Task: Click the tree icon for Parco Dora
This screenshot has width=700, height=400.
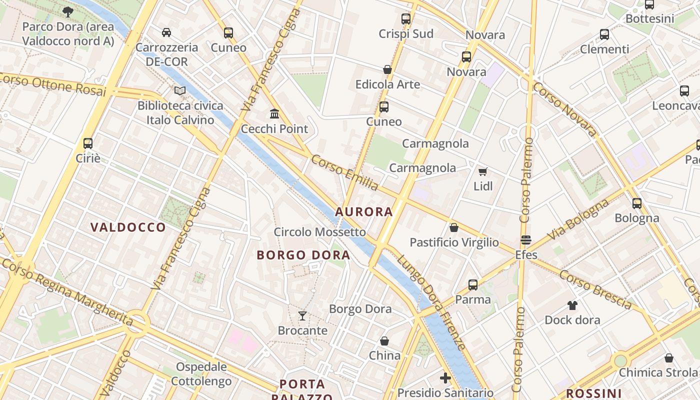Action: [x=68, y=11]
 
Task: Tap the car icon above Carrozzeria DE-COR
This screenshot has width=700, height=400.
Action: [x=166, y=32]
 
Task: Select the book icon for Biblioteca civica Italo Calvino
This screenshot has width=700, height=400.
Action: [x=180, y=91]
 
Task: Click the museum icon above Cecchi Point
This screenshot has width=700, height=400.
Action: [x=274, y=114]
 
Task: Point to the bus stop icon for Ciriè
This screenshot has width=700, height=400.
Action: [x=88, y=143]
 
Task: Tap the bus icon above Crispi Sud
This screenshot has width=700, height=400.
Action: [x=405, y=19]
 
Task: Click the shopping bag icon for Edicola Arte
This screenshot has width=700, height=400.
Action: [x=387, y=69]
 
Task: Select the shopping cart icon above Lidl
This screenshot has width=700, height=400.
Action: [x=482, y=171]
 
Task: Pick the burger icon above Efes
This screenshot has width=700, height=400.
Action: [x=525, y=240]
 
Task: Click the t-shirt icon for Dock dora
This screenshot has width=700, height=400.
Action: [x=572, y=305]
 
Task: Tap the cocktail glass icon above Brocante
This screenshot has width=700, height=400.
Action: [x=302, y=315]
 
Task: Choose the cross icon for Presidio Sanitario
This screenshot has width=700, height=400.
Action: [x=445, y=377]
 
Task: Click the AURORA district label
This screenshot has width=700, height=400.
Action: [x=364, y=211]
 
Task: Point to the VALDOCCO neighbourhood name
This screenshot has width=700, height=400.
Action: [x=128, y=227]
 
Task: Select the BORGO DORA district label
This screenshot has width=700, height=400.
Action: [x=303, y=255]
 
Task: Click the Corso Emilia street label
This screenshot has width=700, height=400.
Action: [x=345, y=172]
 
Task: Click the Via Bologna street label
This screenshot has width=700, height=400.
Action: [x=578, y=219]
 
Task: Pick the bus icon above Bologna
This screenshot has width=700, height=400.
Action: [x=636, y=203]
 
